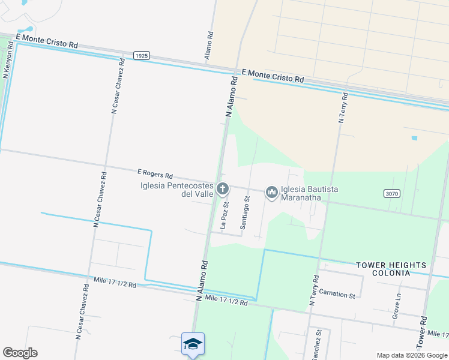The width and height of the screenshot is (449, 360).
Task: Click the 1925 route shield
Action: [141, 55]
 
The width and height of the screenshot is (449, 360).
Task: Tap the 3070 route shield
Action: [392, 193]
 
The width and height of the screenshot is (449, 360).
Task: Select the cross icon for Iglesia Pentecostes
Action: [222, 190]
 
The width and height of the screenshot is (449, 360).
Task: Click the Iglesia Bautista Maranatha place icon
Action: [272, 192]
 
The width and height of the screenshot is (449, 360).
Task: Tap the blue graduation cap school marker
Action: [193, 344]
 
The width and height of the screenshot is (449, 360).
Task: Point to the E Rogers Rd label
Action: [155, 175]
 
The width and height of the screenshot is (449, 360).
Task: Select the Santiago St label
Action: [244, 212]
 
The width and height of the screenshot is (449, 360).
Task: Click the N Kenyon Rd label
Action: [8, 59]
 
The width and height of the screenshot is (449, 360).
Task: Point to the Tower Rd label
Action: [424, 331]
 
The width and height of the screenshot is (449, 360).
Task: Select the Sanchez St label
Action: [317, 344]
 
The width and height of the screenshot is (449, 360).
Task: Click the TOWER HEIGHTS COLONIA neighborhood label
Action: [391, 268]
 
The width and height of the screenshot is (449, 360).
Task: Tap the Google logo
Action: [20, 353]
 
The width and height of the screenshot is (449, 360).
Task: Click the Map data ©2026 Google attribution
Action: [411, 355]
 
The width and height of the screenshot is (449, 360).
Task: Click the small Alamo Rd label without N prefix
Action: [209, 44]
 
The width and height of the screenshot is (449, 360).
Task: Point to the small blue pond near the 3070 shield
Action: [414, 138]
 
